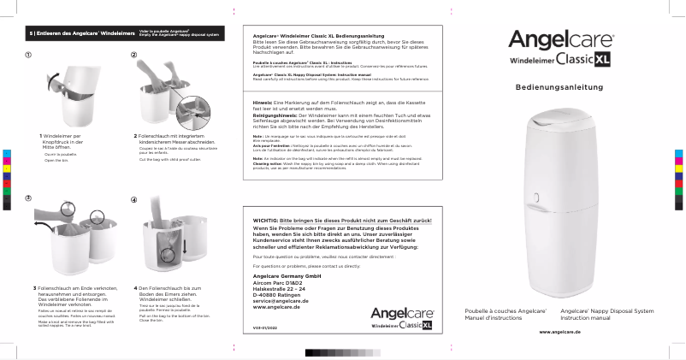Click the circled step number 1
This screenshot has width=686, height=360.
point(29,56)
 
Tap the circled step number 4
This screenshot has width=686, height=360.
point(133,199)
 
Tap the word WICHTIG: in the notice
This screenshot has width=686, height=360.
point(267,221)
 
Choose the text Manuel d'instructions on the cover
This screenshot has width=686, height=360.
point(492,317)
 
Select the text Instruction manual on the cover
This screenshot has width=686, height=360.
point(584,317)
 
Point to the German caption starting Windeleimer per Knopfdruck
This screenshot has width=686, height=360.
point(62,140)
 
